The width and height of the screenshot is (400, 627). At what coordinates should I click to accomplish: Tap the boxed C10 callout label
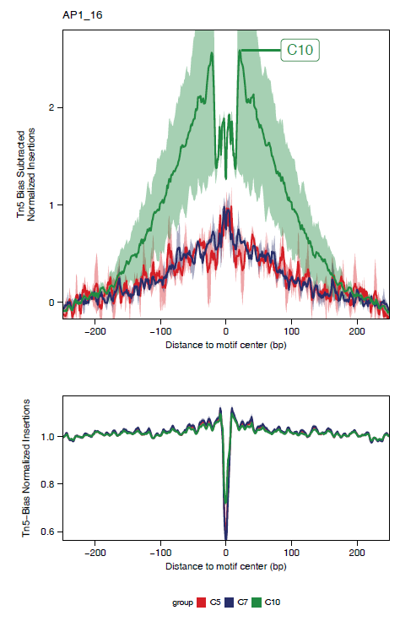(x=300, y=50)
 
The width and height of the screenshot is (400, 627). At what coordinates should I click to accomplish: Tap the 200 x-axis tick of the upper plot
(x=357, y=332)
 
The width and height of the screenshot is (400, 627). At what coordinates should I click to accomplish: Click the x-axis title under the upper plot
(x=225, y=346)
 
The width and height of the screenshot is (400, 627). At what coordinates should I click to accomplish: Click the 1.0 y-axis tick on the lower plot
(x=47, y=437)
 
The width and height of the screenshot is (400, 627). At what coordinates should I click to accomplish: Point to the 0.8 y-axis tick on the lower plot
(x=47, y=483)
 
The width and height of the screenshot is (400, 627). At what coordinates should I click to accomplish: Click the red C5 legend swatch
(x=202, y=603)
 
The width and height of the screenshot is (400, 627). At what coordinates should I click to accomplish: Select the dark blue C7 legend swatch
(x=230, y=603)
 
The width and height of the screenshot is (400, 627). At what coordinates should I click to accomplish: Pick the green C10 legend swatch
(x=257, y=603)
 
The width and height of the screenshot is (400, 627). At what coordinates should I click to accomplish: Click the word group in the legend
(x=182, y=603)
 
